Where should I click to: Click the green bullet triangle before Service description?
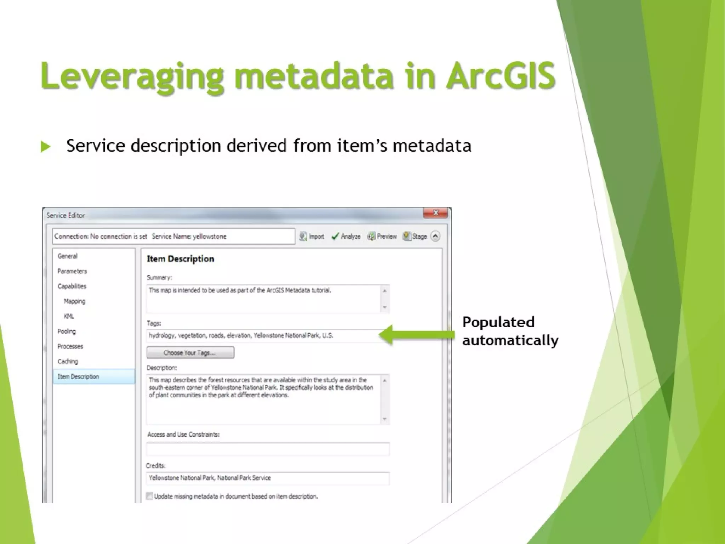click(45, 147)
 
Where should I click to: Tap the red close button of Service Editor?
click(436, 213)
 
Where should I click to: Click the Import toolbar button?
click(312, 237)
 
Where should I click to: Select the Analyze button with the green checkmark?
click(346, 237)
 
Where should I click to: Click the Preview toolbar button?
click(382, 237)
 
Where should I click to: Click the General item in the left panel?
click(68, 256)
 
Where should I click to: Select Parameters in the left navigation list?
click(72, 271)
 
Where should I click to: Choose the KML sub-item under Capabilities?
click(69, 316)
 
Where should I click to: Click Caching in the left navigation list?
click(68, 362)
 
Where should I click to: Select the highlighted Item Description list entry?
click(78, 376)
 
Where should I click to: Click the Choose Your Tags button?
click(190, 353)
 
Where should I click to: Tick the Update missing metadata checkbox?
click(150, 496)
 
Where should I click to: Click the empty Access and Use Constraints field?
click(268, 449)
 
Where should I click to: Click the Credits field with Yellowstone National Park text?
click(268, 478)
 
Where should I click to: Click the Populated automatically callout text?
click(510, 331)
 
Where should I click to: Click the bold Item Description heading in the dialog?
click(180, 259)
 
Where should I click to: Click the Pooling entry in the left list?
click(67, 331)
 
